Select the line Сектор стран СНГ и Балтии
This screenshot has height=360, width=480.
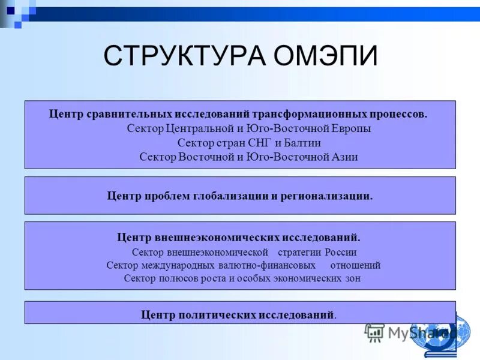coord(248,143)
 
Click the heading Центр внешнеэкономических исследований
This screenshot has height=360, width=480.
coord(239,238)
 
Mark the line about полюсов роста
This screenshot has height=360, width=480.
coord(242,278)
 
